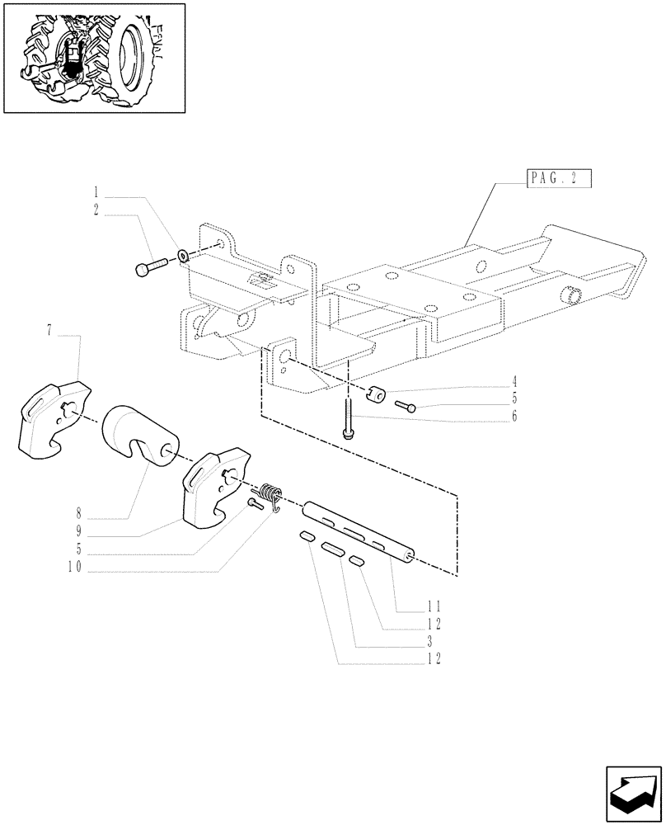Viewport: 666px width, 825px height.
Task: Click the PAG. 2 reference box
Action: [x=558, y=178]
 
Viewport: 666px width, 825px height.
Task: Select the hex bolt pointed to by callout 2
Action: [x=149, y=266]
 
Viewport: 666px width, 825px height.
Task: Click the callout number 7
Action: [x=49, y=331]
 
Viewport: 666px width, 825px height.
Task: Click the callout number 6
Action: [x=514, y=417]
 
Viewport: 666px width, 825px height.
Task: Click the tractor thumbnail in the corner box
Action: [x=94, y=58]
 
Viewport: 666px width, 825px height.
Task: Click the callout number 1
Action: [x=96, y=198]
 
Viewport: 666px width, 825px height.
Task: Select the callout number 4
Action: [x=514, y=381]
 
